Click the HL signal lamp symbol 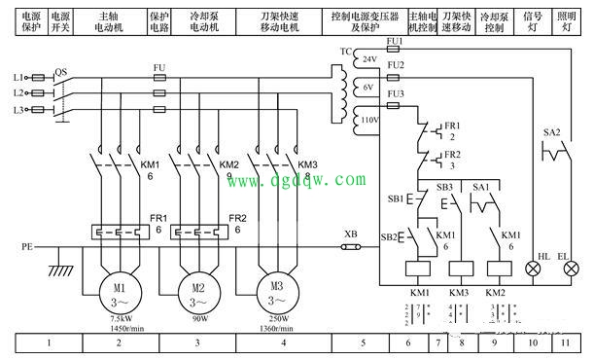[532, 267]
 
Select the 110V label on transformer [370, 120]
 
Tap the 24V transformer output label [369, 59]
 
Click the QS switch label [61, 71]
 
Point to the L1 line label [18, 76]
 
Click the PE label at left [27, 247]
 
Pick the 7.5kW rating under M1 [118, 317]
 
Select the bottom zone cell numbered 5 [364, 342]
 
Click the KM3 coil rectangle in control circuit [459, 267]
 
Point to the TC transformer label [346, 49]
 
